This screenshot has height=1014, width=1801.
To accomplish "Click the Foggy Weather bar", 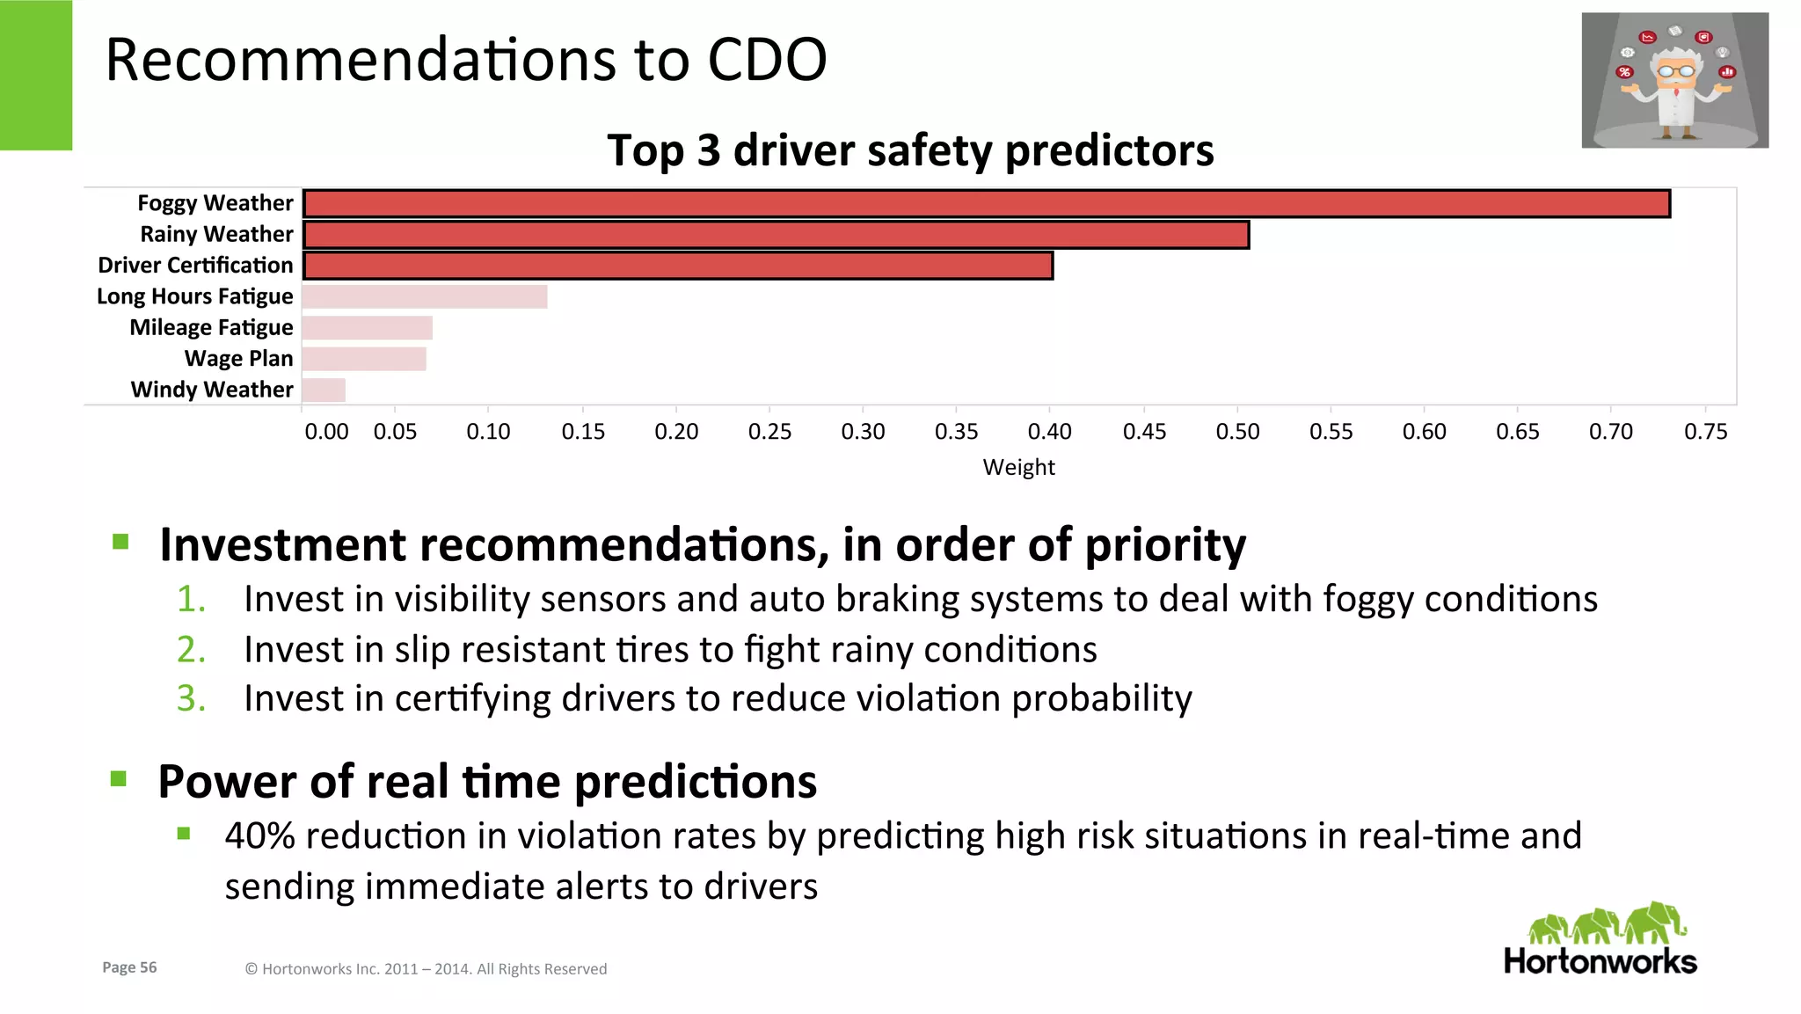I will pyautogui.click(x=986, y=204).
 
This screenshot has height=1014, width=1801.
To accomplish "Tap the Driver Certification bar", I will pyautogui.click(x=678, y=266).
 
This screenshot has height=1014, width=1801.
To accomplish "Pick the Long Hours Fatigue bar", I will pyautogui.click(x=425, y=296).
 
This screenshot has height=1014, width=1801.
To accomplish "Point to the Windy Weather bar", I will pyautogui.click(x=324, y=390).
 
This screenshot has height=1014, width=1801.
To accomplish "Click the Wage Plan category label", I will pyautogui.click(x=238, y=359).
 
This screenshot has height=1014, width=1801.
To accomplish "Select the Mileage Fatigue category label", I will pyautogui.click(x=211, y=327).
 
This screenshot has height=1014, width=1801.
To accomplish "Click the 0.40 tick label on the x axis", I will pyautogui.click(x=1049, y=432).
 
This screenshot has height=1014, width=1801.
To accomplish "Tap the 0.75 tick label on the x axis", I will pyautogui.click(x=1705, y=432).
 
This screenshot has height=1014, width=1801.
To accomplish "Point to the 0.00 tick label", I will pyautogui.click(x=326, y=432).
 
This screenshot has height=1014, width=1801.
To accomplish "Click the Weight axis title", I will pyautogui.click(x=1018, y=467).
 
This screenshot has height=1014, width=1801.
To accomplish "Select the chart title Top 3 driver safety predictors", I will pyautogui.click(x=910, y=150).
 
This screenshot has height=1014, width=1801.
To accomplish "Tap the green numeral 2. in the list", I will pyautogui.click(x=191, y=650).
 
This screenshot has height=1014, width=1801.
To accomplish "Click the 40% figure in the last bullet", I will pyautogui.click(x=259, y=835).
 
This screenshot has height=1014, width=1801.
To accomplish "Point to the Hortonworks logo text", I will pyautogui.click(x=1600, y=961).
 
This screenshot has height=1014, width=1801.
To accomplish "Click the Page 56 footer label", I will pyautogui.click(x=129, y=967).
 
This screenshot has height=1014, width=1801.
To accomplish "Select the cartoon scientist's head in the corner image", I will pyautogui.click(x=1675, y=69).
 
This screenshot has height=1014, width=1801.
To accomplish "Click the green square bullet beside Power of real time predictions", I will pyautogui.click(x=119, y=778).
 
